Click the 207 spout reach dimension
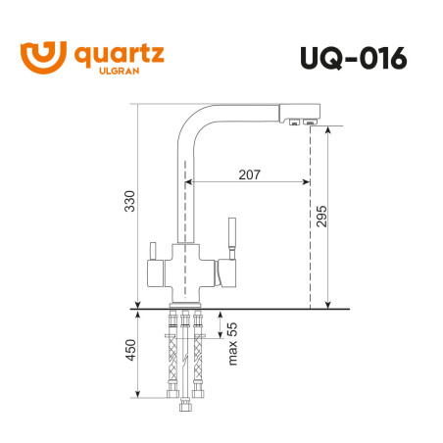[x=249, y=174]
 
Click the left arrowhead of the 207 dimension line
[x=188, y=181]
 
